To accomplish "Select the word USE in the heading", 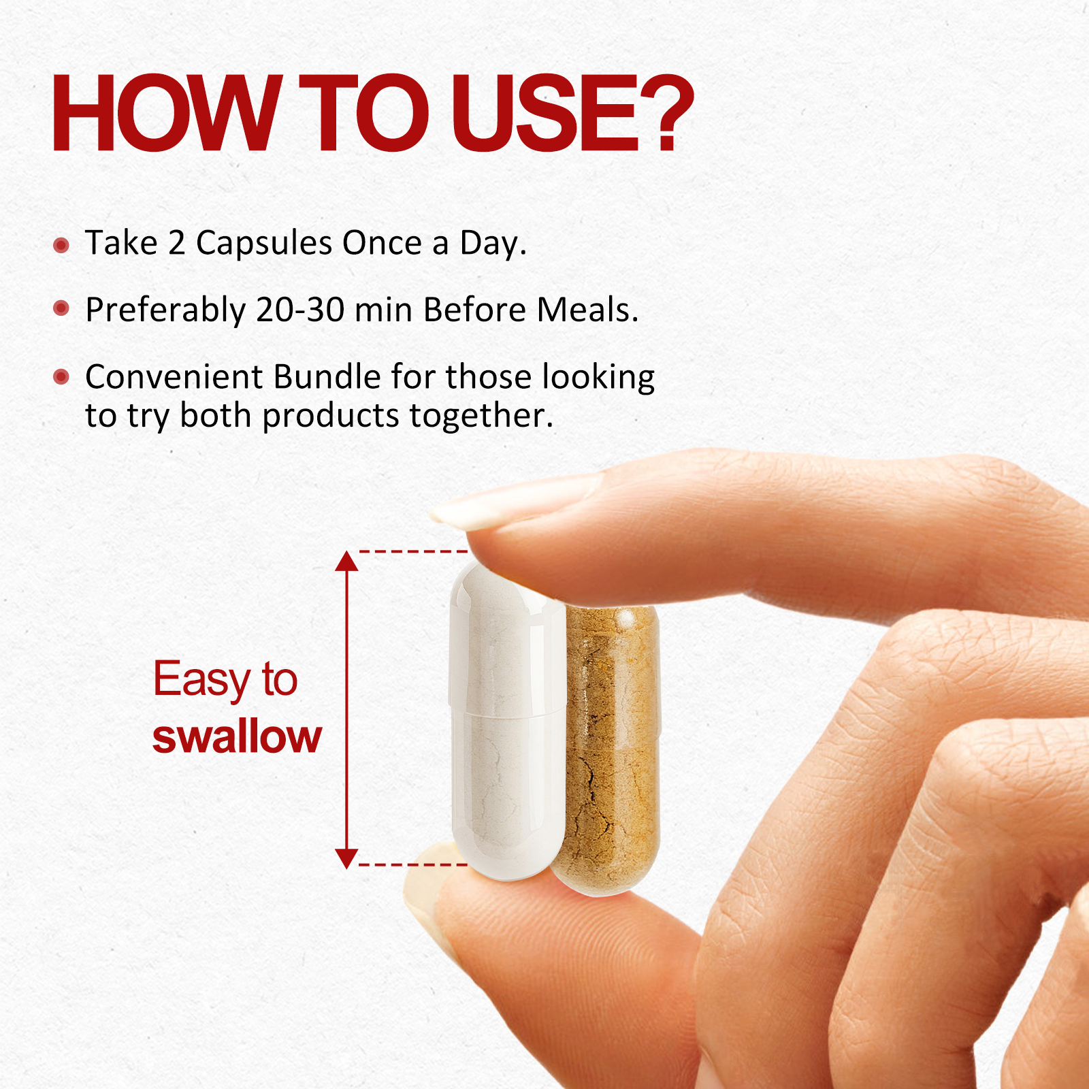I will (544, 113).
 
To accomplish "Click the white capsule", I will (507, 721).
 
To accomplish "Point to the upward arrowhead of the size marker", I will (346, 562).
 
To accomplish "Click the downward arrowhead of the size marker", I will (346, 858).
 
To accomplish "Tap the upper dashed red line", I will (412, 551).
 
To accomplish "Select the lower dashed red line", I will (412, 864).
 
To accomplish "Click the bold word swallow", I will (237, 736).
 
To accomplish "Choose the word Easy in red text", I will (201, 679).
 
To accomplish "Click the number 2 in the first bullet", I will (177, 243).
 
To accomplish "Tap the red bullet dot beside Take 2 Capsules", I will (61, 245).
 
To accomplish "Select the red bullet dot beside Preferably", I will (61, 308).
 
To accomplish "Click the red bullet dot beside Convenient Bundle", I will (61, 376).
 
